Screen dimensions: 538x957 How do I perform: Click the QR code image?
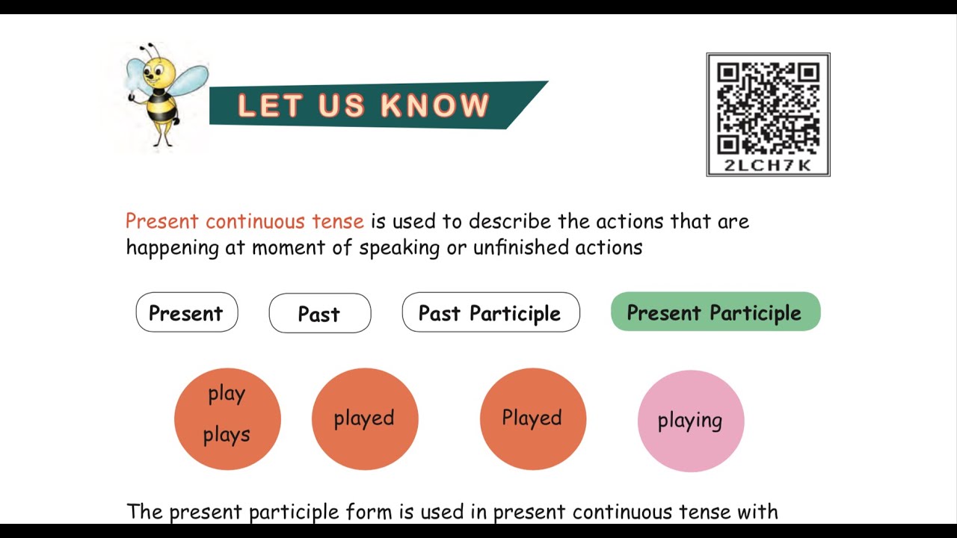coord(768,108)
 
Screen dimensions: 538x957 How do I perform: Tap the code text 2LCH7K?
coord(768,166)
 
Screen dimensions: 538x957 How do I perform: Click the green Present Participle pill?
coord(716,312)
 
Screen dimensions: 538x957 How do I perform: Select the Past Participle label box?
coord(490,313)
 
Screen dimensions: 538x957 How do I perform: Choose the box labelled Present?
coord(186,313)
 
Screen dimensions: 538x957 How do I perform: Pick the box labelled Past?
coord(319,314)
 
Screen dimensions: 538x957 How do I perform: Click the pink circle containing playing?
coord(690,421)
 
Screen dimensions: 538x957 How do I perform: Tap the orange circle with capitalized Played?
coord(532,418)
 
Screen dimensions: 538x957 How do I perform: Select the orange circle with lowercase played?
coord(364,418)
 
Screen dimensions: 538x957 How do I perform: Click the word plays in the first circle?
coord(227,435)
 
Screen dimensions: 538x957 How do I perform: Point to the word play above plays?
coord(227,394)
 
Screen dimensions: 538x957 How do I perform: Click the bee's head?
coord(159,71)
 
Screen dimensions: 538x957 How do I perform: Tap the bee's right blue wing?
coord(191,81)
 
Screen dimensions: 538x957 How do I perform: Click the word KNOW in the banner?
coord(435,106)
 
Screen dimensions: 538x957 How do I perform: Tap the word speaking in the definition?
coord(399,248)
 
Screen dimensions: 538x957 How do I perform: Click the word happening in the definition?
coord(172,248)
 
